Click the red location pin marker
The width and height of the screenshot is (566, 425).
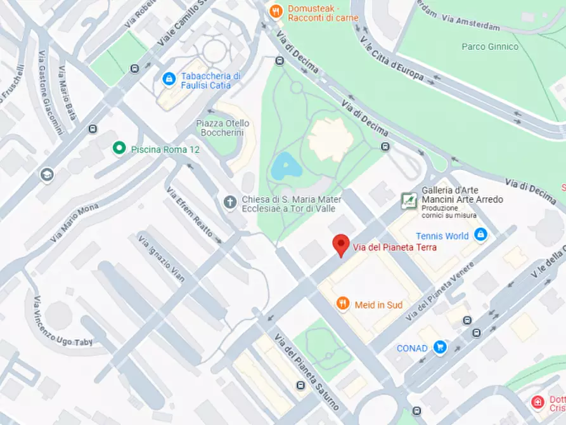pyautogui.click(x=342, y=245)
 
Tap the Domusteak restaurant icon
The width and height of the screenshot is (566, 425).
pyautogui.click(x=275, y=11)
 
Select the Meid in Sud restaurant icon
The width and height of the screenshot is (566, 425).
pyautogui.click(x=343, y=304)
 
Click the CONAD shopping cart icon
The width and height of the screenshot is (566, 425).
pyautogui.click(x=440, y=347)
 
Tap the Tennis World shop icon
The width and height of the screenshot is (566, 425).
pyautogui.click(x=480, y=235)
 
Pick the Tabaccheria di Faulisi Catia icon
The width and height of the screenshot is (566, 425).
pyautogui.click(x=169, y=79)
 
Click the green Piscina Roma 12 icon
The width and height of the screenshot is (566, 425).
pyautogui.click(x=118, y=148)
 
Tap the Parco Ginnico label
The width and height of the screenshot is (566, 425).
pyautogui.click(x=490, y=46)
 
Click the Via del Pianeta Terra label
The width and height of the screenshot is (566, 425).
pyautogui.click(x=394, y=247)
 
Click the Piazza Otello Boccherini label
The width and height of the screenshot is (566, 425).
pyautogui.click(x=222, y=128)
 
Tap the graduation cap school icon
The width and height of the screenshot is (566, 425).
pyautogui.click(x=46, y=174)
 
